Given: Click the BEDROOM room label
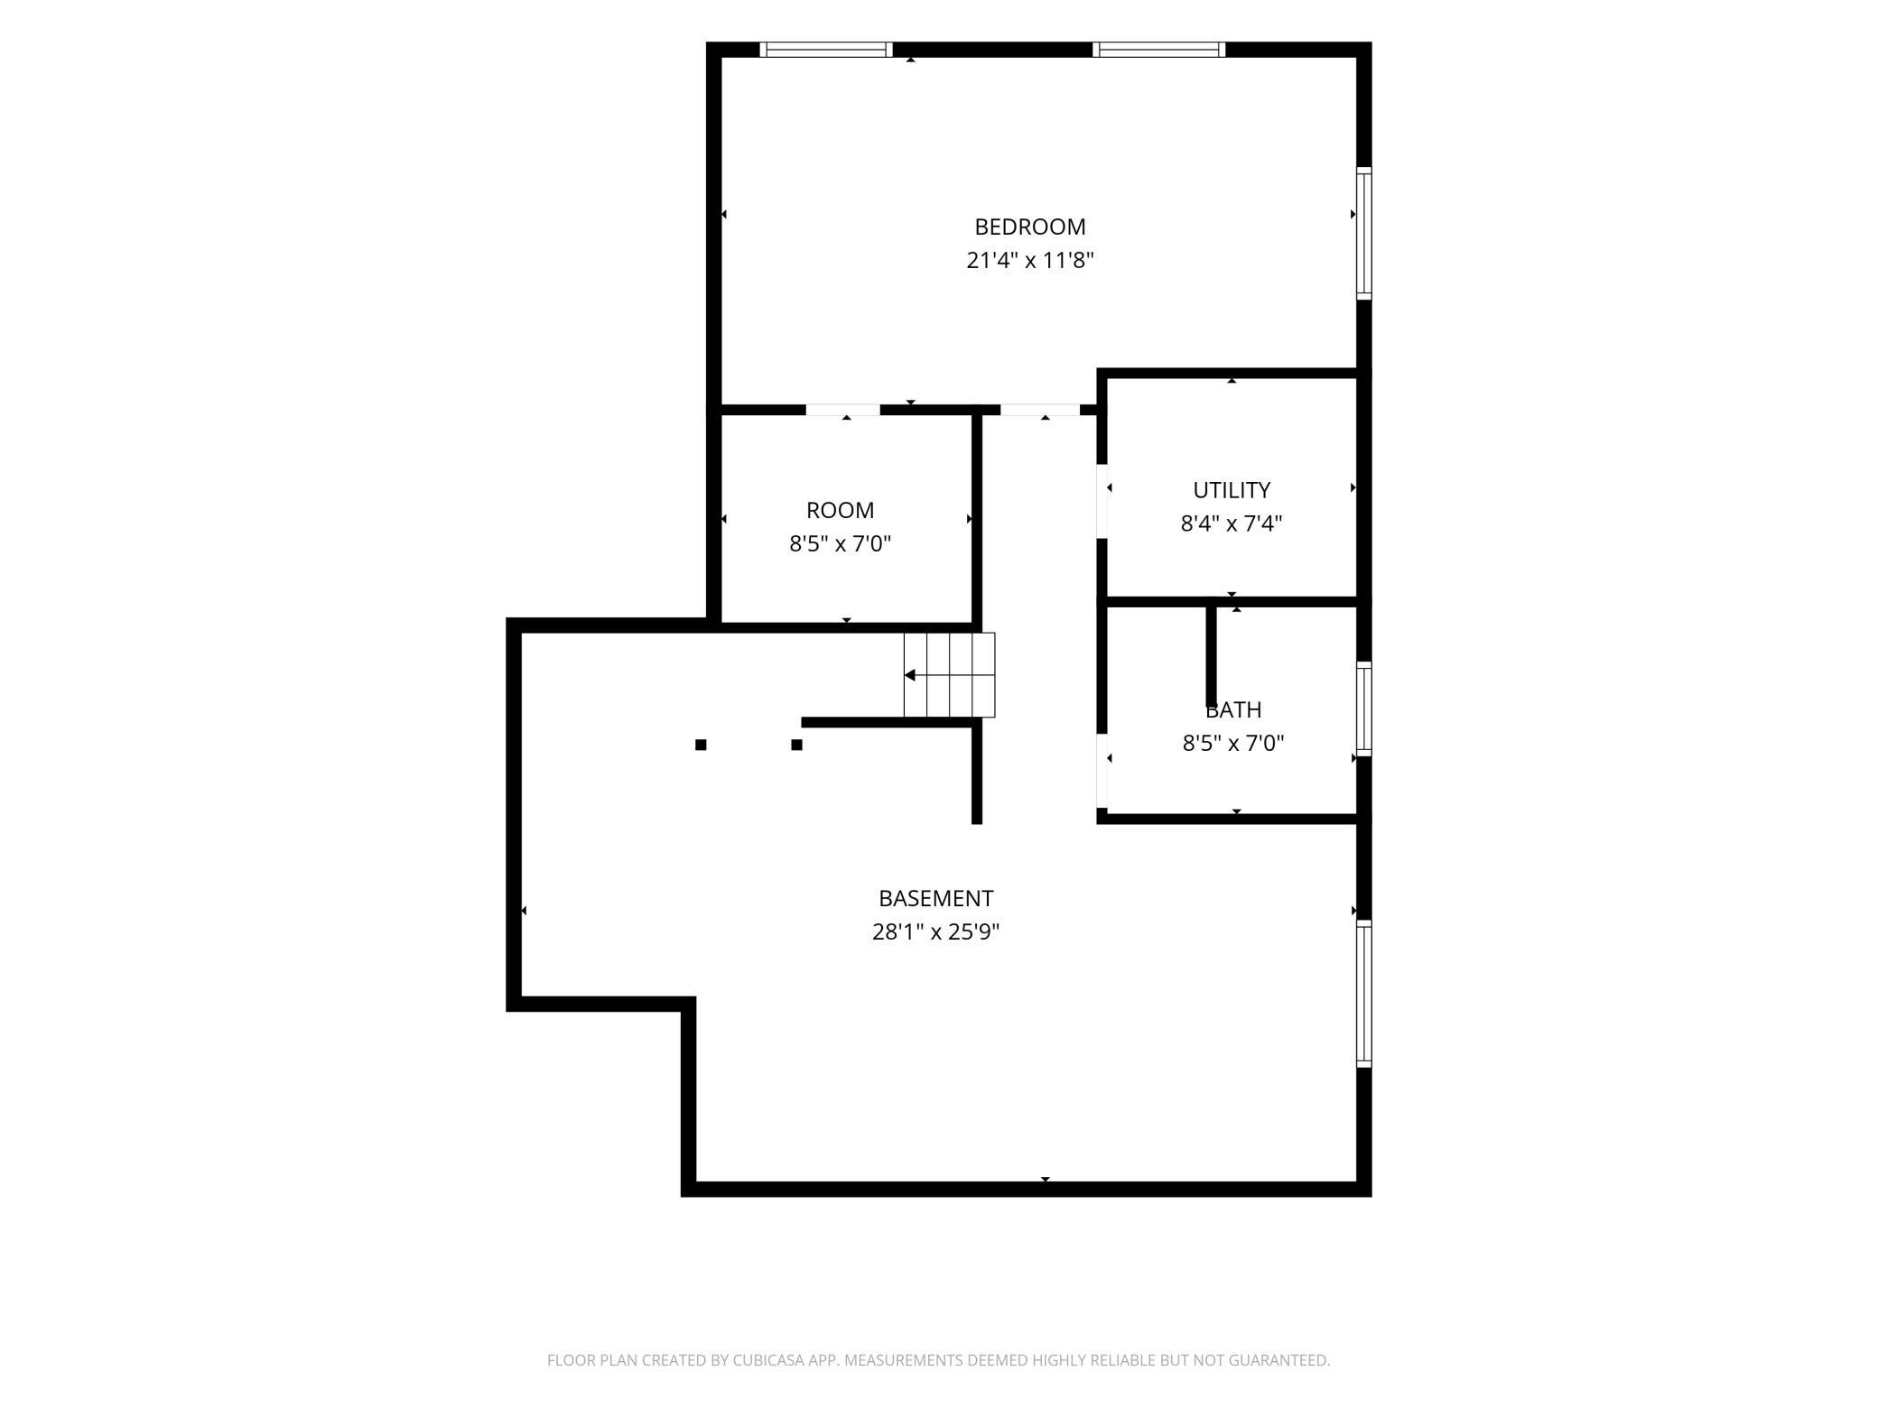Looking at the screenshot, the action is click(x=1029, y=227).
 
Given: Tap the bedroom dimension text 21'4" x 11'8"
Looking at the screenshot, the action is click(x=1030, y=261).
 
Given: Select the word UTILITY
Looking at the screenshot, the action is click(x=1232, y=490).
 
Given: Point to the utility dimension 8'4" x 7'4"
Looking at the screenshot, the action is click(x=1232, y=523).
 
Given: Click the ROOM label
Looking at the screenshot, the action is click(x=840, y=510).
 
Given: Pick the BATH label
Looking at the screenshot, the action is click(x=1233, y=709).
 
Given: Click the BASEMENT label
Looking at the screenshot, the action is click(x=935, y=898).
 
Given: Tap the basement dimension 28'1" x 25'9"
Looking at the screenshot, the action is click(x=935, y=931).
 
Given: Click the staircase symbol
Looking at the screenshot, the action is click(x=949, y=675).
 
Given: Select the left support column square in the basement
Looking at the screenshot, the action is click(x=701, y=745).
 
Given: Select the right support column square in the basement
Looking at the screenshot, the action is click(x=796, y=745).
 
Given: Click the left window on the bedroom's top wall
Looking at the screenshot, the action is click(x=825, y=50).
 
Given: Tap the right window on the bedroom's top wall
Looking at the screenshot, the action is click(x=1158, y=50).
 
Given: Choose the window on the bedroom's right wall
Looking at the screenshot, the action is click(x=1364, y=233).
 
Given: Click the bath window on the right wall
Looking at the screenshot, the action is click(x=1364, y=709).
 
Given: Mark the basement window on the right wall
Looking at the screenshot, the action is click(x=1364, y=994).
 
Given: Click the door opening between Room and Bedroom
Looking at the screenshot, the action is click(x=842, y=410).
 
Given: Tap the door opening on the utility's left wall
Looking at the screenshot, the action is click(x=1102, y=501).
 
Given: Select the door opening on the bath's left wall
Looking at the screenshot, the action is click(x=1102, y=770).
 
